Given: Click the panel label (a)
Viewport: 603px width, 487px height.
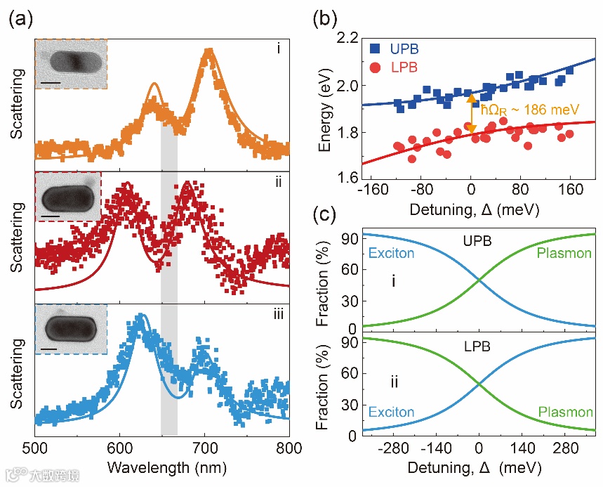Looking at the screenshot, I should (x=19, y=20).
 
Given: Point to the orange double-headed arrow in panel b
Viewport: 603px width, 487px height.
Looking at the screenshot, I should (x=471, y=113).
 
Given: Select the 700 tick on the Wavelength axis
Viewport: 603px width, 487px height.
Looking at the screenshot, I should (x=205, y=448).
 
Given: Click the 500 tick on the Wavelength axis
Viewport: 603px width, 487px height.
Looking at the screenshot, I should (x=35, y=448).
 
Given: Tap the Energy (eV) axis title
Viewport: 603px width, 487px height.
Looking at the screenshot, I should (x=325, y=109).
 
